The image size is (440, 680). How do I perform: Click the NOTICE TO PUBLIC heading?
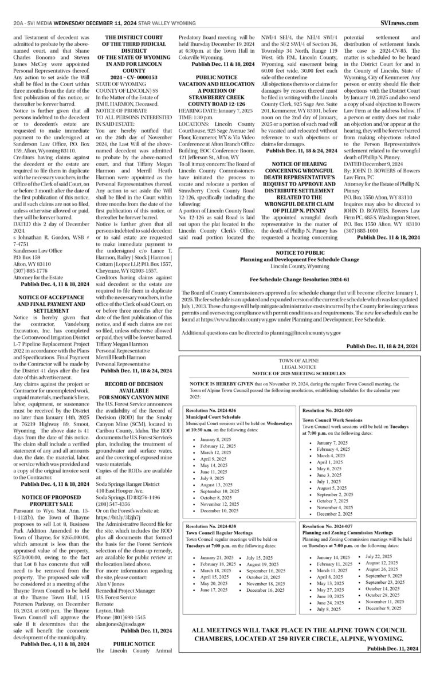click(x=300, y=252)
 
